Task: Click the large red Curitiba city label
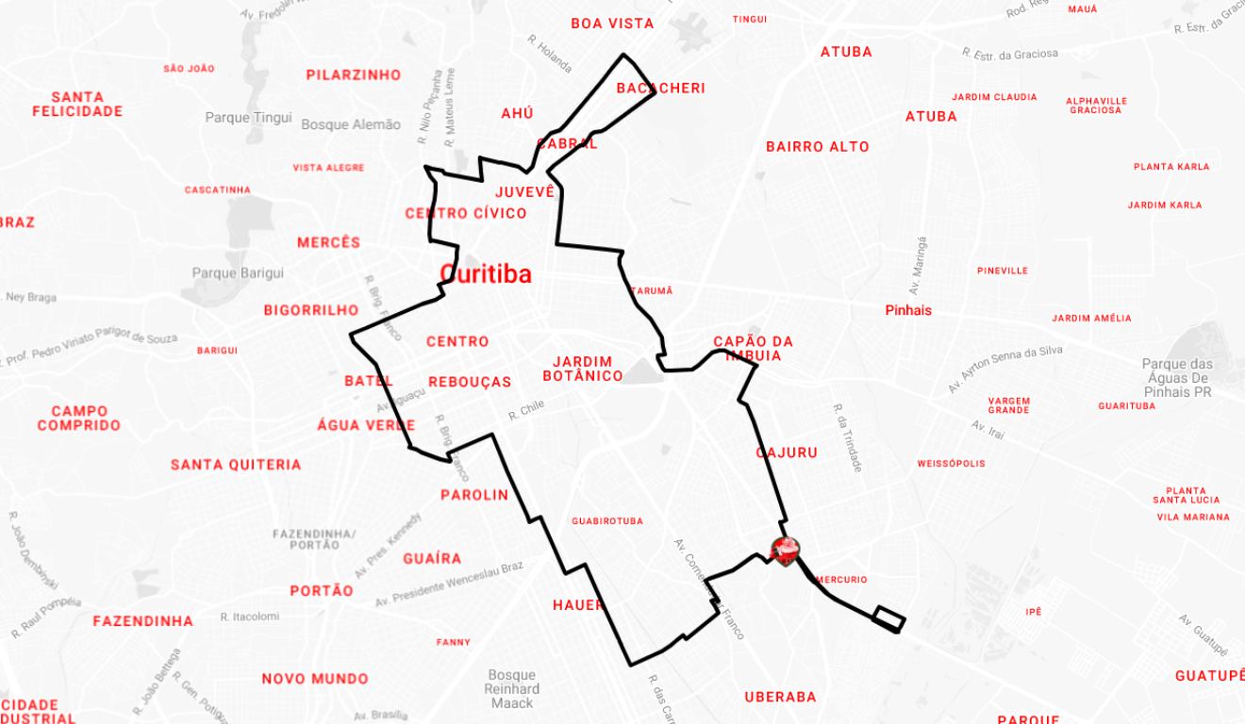(486, 274)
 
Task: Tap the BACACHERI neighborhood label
(660, 89)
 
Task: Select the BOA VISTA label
(612, 24)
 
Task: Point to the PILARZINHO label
(354, 75)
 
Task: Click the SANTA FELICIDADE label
(77, 104)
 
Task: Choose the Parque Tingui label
(241, 118)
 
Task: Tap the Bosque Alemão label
(351, 124)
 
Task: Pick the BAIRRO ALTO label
(818, 147)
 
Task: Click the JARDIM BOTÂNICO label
(583, 369)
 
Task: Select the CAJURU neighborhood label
(787, 452)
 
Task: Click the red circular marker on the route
(785, 549)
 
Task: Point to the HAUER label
(578, 605)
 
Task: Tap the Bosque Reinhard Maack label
(512, 688)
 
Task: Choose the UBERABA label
(780, 698)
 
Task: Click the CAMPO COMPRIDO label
(79, 418)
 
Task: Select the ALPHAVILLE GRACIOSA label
(1096, 106)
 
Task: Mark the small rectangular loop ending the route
(888, 617)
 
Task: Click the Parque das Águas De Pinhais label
(1176, 377)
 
